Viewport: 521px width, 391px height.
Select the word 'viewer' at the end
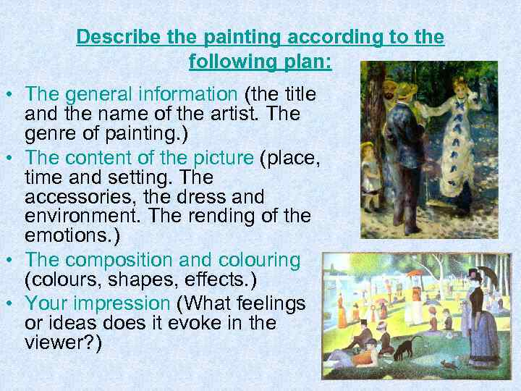pyautogui.click(x=54, y=342)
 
